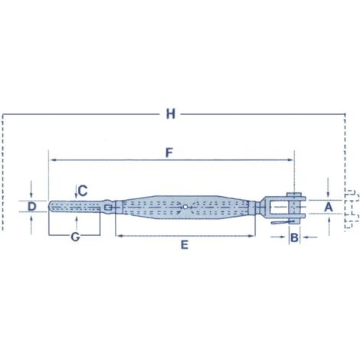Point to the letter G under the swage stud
pyautogui.click(x=75, y=237)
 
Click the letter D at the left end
pyautogui.click(x=31, y=207)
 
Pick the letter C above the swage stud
pyautogui.click(x=83, y=189)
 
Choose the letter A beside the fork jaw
pyautogui.click(x=328, y=207)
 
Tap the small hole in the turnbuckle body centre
pyautogui.click(x=185, y=206)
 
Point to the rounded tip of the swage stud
pyautogui.click(x=51, y=207)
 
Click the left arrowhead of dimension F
pyautogui.click(x=51, y=160)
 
